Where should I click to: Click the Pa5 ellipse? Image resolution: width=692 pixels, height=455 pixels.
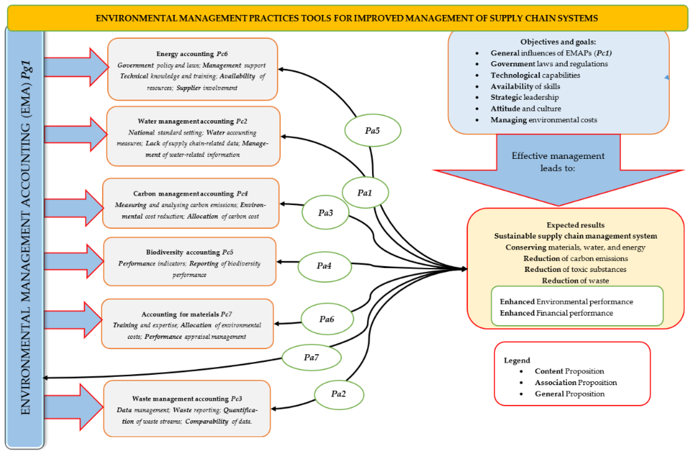372,130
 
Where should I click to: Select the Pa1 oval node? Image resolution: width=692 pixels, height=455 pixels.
365,193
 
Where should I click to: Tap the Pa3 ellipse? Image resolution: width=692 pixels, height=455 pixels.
325,212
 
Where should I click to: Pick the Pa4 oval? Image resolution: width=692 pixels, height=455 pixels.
325,266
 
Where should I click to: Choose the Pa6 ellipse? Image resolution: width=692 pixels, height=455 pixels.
327,319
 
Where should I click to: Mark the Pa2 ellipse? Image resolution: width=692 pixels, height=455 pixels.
339,394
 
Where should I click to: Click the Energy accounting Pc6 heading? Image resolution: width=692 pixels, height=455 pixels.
192,54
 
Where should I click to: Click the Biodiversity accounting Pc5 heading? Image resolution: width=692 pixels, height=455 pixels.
190,252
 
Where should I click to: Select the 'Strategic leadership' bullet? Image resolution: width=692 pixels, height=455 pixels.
525,97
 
